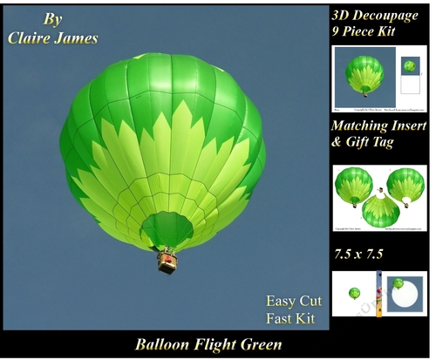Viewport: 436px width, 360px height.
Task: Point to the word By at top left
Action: click(x=51, y=19)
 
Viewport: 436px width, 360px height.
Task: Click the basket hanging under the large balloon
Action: click(x=167, y=260)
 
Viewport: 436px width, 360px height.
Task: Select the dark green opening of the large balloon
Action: click(x=167, y=229)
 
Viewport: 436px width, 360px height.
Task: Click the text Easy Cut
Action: click(x=290, y=302)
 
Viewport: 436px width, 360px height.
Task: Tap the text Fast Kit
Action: click(x=290, y=318)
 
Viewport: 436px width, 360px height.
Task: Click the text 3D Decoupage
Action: click(x=375, y=14)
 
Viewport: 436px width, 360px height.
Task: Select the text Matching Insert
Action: click(x=378, y=127)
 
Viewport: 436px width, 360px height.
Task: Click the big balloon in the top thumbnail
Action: click(x=364, y=73)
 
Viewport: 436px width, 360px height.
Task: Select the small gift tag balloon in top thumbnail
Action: click(x=409, y=65)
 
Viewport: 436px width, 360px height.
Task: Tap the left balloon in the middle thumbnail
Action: click(x=353, y=184)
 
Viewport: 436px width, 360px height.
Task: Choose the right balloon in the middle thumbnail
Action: click(x=406, y=184)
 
